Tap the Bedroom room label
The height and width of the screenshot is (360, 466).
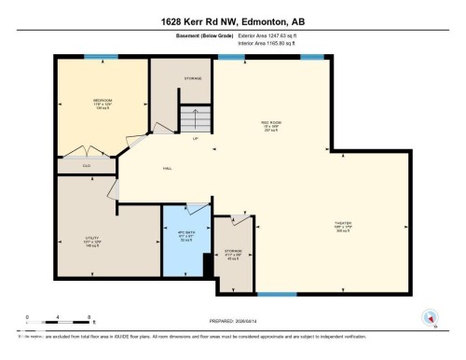[102, 102]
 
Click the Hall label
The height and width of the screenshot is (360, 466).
[168, 168]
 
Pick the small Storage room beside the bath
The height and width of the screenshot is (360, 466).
[234, 254]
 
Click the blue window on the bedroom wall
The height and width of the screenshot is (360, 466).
[107, 57]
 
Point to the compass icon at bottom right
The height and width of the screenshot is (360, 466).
[431, 317]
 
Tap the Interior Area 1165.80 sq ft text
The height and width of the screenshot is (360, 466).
[272, 44]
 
